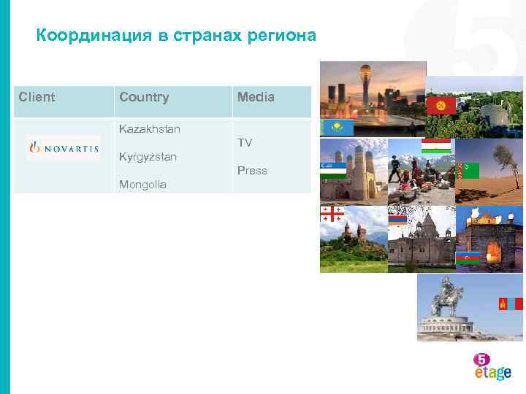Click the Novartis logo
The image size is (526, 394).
pos(64,148)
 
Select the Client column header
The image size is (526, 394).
pos(37,97)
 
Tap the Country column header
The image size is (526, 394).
pos(144,97)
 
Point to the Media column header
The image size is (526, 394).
pos(256,97)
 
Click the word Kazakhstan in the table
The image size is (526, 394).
pos(150,129)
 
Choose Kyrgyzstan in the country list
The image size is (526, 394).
pos(148,157)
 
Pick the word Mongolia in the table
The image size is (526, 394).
pos(142,185)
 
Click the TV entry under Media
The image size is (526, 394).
pos(245,143)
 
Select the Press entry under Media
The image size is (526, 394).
pos(252,171)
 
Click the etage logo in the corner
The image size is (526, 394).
pos(491,366)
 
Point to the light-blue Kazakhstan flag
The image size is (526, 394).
pos(338,128)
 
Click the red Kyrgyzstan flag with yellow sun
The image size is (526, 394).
pos(441,105)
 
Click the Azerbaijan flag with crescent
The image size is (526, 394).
pos(467,258)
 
